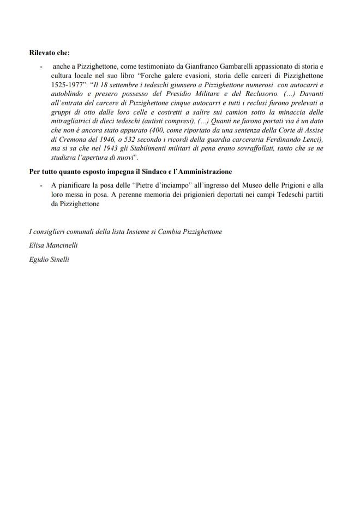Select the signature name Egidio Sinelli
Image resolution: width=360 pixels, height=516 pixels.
click(49, 260)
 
